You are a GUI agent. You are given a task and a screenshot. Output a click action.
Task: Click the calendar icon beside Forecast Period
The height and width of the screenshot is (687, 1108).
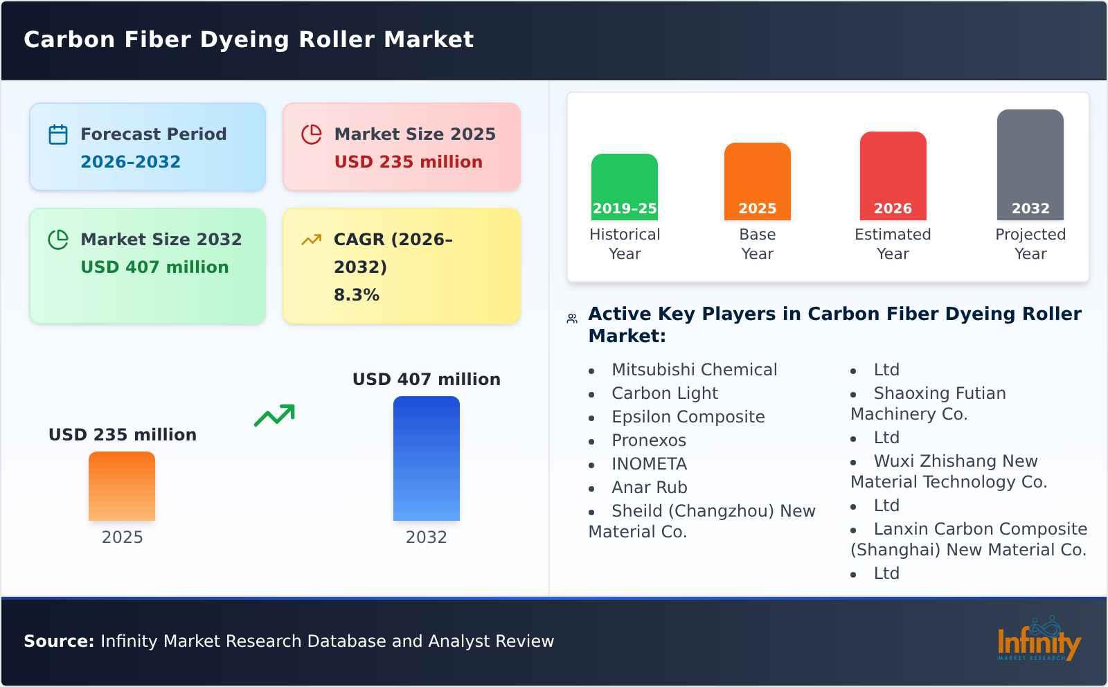(58, 134)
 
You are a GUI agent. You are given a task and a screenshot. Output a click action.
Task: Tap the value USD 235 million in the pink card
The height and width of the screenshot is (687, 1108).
(408, 162)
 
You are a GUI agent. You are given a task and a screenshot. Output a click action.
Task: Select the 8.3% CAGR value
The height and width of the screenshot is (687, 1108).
(356, 295)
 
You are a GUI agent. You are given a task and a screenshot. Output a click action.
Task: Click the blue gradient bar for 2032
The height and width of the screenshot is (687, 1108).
(426, 458)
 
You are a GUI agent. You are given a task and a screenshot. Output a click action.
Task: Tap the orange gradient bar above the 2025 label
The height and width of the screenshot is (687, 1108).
(122, 486)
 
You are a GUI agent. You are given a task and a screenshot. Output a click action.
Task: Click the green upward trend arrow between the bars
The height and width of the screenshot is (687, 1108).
(274, 416)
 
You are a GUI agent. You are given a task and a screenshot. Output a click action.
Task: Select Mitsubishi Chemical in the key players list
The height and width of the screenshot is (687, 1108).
(694, 370)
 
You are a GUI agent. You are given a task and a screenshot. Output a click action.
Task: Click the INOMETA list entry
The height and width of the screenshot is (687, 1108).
(649, 464)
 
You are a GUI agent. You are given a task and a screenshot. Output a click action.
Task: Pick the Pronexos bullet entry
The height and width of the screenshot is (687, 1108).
(648, 440)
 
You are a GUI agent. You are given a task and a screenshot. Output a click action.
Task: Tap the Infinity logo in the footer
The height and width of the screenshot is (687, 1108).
(1038, 641)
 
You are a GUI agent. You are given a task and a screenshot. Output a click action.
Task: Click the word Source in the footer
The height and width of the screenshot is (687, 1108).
(58, 641)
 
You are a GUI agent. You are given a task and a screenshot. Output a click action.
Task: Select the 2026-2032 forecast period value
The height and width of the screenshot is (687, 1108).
(130, 162)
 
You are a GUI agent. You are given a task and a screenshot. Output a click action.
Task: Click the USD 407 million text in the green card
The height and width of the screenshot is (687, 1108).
(154, 267)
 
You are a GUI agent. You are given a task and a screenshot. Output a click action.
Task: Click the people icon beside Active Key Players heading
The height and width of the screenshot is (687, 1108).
(572, 319)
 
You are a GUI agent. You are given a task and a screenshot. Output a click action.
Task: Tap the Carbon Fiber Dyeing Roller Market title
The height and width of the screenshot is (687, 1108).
(249, 39)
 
